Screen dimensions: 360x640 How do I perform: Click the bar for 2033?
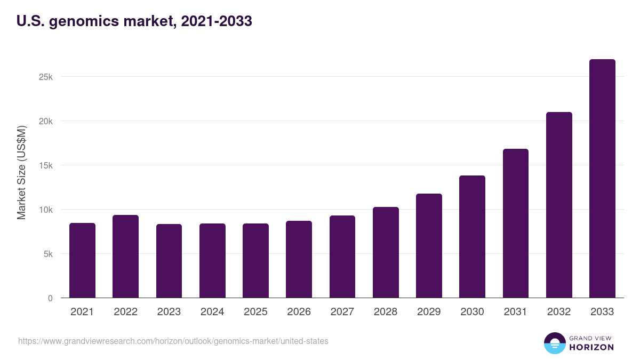pyautogui.click(x=602, y=179)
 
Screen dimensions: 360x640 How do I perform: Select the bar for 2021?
pyautogui.click(x=82, y=260)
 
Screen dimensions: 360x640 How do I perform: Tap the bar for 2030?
pyautogui.click(x=472, y=237)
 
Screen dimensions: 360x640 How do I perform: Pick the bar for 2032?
pyautogui.click(x=559, y=205)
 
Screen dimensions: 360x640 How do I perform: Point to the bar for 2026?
pyautogui.click(x=299, y=259)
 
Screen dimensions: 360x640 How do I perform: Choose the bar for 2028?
pyautogui.click(x=386, y=252)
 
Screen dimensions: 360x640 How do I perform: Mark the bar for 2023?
pyautogui.click(x=169, y=261)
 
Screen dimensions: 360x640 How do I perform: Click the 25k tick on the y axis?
pyautogui.click(x=46, y=77)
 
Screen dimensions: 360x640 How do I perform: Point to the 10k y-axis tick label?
pyautogui.click(x=46, y=210)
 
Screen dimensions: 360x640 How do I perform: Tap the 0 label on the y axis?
pyautogui.click(x=50, y=298)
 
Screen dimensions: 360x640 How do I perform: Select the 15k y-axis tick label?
pyautogui.click(x=46, y=165)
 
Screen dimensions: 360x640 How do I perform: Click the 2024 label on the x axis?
pyautogui.click(x=212, y=312)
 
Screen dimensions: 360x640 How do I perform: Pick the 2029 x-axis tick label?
pyautogui.click(x=429, y=312)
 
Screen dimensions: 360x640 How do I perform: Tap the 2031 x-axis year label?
pyautogui.click(x=516, y=312)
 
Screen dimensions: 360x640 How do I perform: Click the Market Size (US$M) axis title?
pyautogui.click(x=21, y=172)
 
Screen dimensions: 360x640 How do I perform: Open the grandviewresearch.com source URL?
pyautogui.click(x=173, y=341)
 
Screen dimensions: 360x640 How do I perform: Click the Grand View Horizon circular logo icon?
pyautogui.click(x=554, y=343)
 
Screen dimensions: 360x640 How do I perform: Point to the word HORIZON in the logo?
pyautogui.click(x=591, y=347)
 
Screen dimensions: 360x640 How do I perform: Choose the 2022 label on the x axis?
pyautogui.click(x=125, y=312)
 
